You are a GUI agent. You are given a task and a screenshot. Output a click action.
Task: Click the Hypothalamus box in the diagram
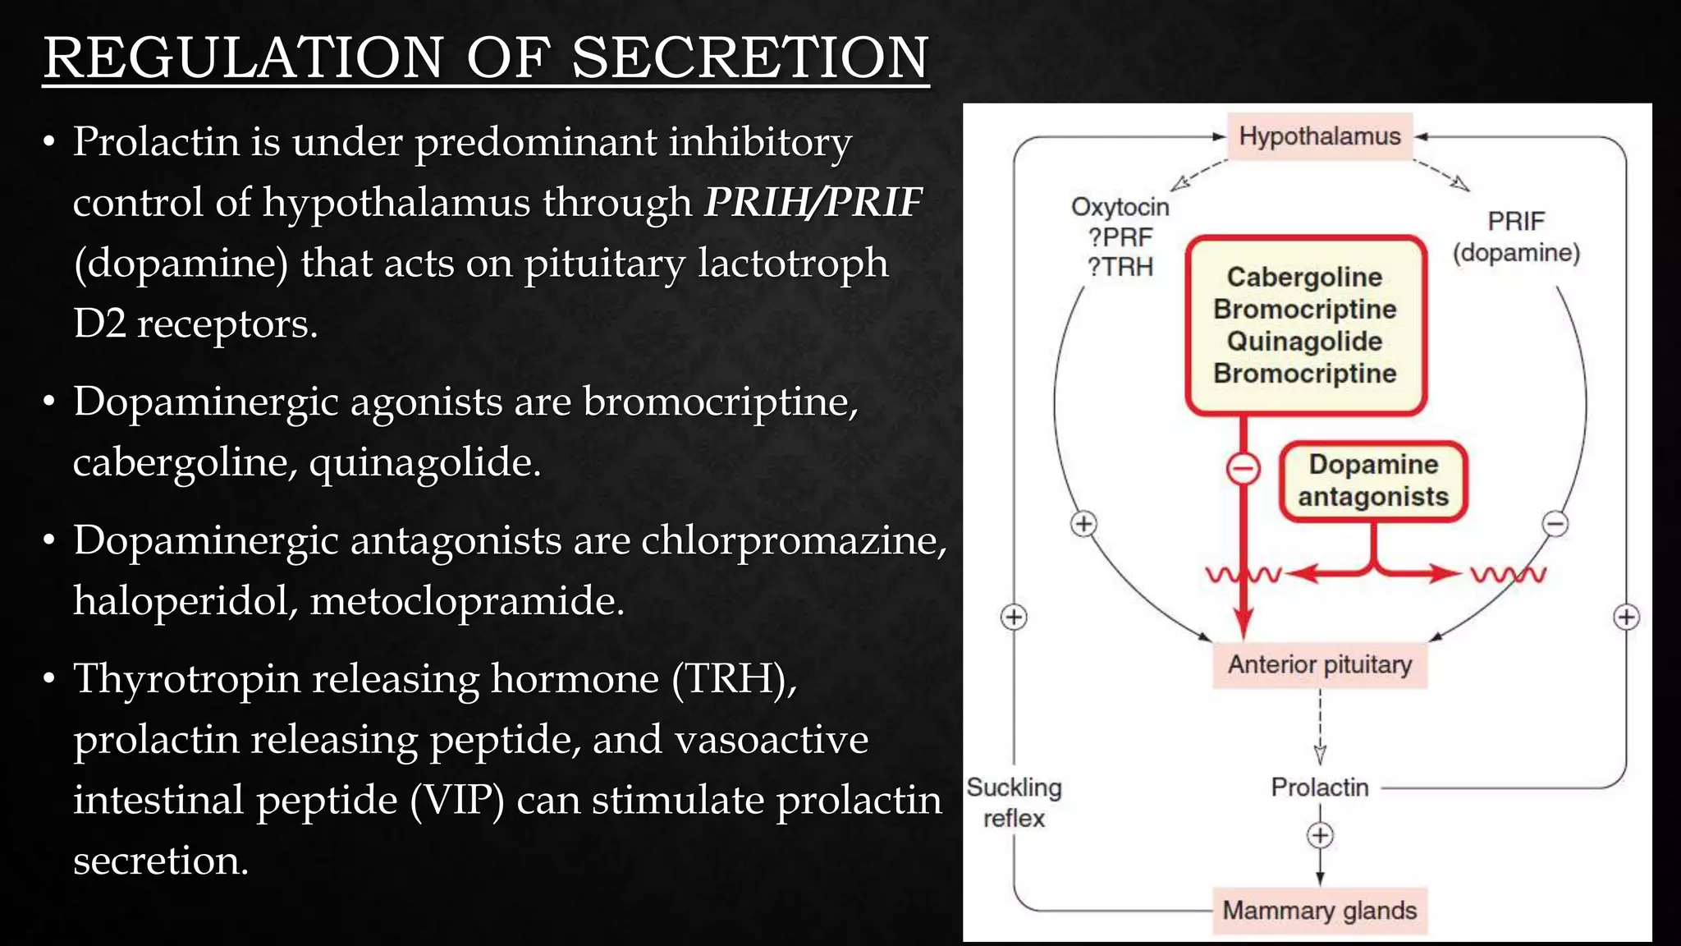tap(1319, 136)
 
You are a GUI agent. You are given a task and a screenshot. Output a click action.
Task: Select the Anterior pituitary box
tap(1319, 664)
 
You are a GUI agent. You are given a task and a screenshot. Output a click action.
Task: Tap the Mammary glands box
tap(1319, 911)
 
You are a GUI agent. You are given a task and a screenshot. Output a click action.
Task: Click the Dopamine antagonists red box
tap(1373, 481)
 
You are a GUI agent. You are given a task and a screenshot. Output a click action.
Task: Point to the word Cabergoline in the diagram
tap(1304, 278)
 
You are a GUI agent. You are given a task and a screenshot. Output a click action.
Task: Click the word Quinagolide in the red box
tap(1304, 342)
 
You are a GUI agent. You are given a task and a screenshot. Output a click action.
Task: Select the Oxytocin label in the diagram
tap(1120, 207)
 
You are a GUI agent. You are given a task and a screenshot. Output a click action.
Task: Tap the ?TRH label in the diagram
tap(1120, 267)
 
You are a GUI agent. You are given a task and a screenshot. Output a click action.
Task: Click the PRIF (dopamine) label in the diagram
tap(1516, 236)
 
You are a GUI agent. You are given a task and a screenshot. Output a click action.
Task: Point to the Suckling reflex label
tap(1014, 802)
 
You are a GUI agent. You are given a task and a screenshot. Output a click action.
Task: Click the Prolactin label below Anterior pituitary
tap(1319, 788)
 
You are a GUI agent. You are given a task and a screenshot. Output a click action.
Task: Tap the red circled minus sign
tap(1243, 470)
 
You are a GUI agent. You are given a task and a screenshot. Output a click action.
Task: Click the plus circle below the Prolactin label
tap(1320, 836)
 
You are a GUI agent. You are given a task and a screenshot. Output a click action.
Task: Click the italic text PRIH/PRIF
tap(813, 202)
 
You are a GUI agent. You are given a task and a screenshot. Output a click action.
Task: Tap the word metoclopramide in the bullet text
tap(467, 600)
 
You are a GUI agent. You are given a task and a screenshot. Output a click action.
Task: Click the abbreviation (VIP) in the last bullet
tap(456, 800)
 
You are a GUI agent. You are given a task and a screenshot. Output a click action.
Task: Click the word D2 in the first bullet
tap(99, 324)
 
